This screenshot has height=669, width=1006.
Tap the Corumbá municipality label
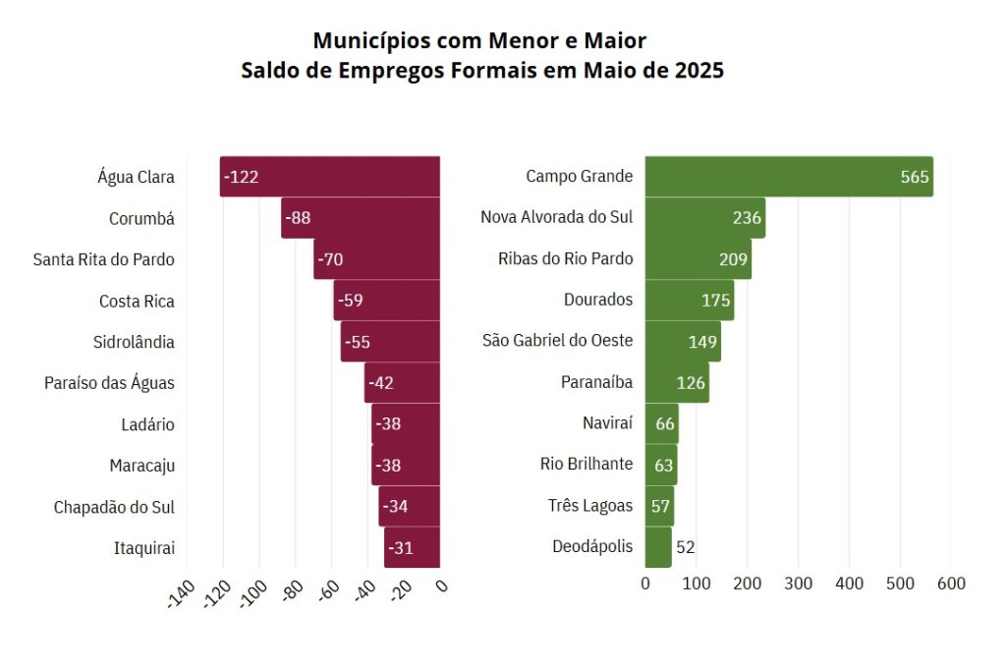141,219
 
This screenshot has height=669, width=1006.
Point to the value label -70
329,259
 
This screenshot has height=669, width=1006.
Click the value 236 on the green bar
747,218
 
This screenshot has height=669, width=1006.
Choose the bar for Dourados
688,301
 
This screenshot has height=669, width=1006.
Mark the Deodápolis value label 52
686,547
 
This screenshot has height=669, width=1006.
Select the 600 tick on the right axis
951,584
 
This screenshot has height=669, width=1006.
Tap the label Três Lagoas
590,506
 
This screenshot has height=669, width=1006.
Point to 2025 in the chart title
699,71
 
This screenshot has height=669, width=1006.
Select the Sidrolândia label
134,342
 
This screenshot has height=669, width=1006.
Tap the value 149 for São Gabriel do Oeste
702,342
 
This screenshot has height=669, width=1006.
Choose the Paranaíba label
596,382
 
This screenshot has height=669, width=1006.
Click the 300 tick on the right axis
798,584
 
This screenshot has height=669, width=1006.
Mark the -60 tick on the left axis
328,592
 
